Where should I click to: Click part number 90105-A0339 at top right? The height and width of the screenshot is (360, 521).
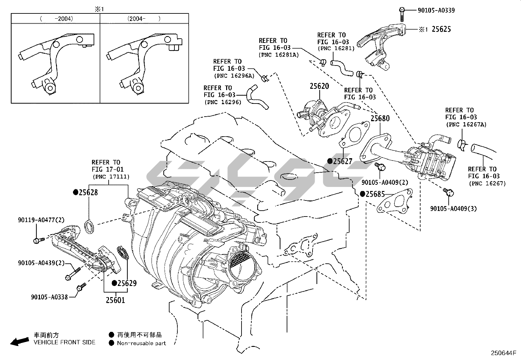pyautogui.click(x=436, y=10)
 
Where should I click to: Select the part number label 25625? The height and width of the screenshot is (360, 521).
pyautogui.click(x=441, y=29)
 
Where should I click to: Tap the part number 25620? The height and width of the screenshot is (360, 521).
pyautogui.click(x=319, y=86)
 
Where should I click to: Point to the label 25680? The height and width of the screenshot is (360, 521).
pyautogui.click(x=380, y=118)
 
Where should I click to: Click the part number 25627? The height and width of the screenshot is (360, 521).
pyautogui.click(x=343, y=161)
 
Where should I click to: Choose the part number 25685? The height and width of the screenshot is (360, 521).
pyautogui.click(x=375, y=194)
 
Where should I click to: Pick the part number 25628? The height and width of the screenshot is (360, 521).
pyautogui.click(x=88, y=192)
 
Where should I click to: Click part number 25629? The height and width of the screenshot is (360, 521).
pyautogui.click(x=127, y=283)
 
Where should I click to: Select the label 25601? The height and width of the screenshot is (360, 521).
pyautogui.click(x=115, y=300)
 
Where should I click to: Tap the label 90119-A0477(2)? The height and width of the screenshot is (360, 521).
pyautogui.click(x=41, y=220)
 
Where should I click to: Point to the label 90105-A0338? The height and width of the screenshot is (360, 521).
pyautogui.click(x=49, y=297)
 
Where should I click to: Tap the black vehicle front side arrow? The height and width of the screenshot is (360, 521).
pyautogui.click(x=19, y=342)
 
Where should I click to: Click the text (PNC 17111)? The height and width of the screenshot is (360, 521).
pyautogui.click(x=111, y=177)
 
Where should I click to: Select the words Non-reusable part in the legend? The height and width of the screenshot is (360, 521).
pyautogui.click(x=141, y=343)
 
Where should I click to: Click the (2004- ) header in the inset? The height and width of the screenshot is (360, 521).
pyautogui.click(x=144, y=19)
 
